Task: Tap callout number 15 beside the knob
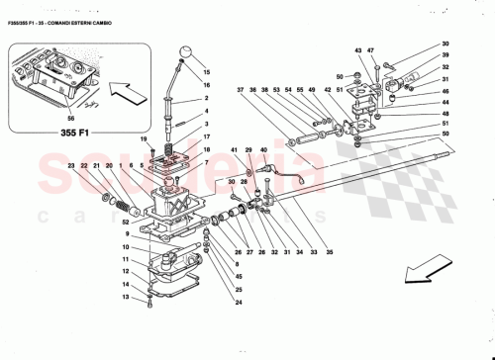click(207, 72)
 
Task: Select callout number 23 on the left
click(71, 166)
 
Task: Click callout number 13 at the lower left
click(125, 296)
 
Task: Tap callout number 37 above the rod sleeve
click(240, 91)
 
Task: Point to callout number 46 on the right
click(445, 91)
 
